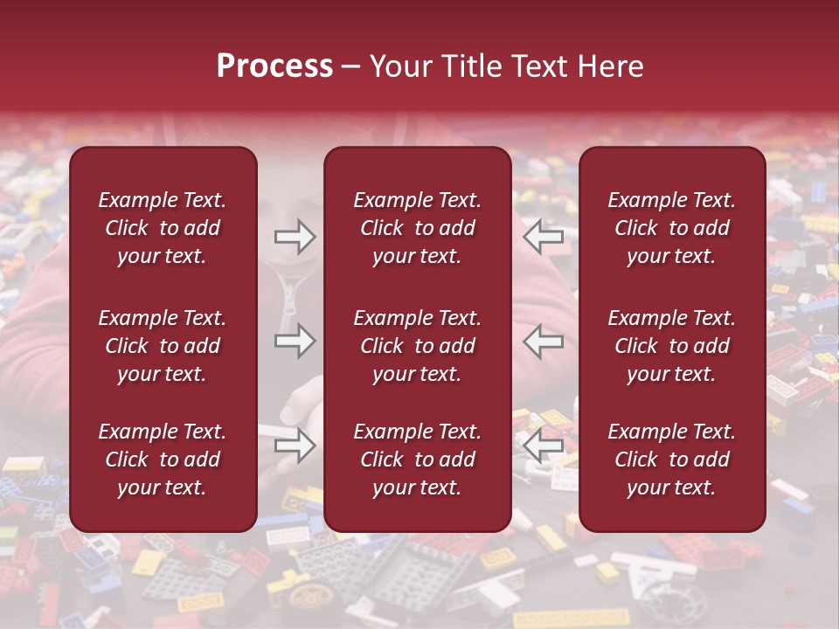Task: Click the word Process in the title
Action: point(274,66)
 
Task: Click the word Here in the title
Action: point(613,66)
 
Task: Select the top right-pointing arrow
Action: point(295,236)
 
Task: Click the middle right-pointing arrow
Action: point(295,341)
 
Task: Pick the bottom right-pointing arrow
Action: point(295,445)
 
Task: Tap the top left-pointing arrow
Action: point(544,236)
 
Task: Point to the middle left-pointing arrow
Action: point(544,341)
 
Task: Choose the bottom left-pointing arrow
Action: point(544,445)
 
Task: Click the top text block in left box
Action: point(163,228)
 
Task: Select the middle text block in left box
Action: point(163,346)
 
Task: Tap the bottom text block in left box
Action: point(163,460)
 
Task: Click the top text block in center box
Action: point(418,228)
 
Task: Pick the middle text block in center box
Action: point(418,346)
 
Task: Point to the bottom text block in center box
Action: point(418,460)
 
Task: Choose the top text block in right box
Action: point(672,228)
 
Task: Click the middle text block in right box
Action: point(672,346)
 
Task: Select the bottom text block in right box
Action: point(672,460)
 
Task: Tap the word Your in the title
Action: point(399,66)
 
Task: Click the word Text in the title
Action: point(544,66)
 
